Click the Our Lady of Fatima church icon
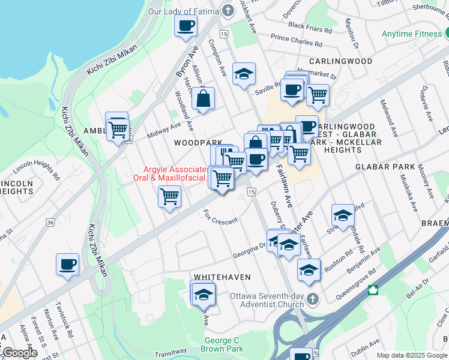click(228, 11)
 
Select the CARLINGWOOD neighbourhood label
click(341, 61)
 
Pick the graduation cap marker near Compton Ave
click(244, 74)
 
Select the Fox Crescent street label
click(220, 216)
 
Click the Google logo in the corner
click(20, 353)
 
